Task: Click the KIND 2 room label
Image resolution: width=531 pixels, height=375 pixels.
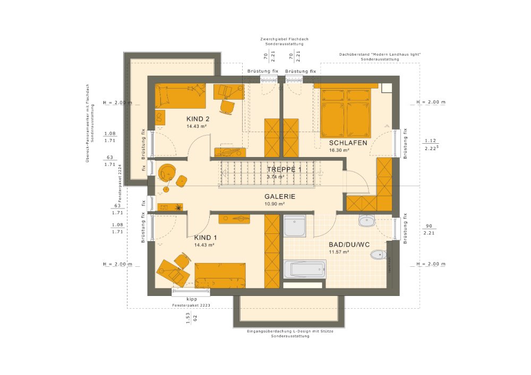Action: point(198,118)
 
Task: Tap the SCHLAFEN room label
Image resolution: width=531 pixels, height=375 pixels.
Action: point(348,143)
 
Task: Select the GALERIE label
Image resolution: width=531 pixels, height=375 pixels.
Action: point(280,196)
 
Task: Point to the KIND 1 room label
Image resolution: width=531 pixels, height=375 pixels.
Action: point(206,238)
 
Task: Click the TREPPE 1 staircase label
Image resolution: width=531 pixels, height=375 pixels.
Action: point(283,169)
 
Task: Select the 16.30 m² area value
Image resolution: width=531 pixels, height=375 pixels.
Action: point(339,151)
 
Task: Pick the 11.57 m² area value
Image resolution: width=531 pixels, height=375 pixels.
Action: point(338,252)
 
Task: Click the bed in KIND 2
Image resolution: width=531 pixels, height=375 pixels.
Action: point(180,96)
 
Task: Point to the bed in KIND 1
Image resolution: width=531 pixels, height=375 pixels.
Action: point(220,275)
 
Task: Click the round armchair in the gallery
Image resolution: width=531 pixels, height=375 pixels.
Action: point(167,172)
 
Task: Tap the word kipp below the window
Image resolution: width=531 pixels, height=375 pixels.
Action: point(192,299)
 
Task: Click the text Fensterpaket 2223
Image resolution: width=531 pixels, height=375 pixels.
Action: point(192,306)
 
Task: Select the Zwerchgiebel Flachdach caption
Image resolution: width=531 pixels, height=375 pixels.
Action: point(284,39)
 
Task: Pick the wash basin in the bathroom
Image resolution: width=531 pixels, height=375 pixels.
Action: point(367,220)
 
